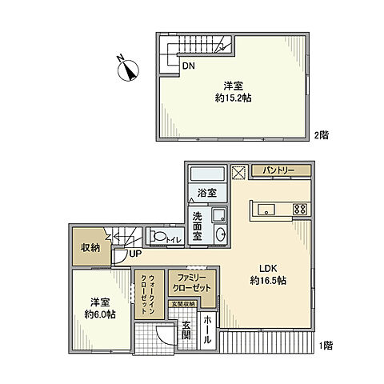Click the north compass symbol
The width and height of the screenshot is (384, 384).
[x=126, y=70]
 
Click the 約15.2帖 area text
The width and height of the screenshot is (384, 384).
[x=233, y=93]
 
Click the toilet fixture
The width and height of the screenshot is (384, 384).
[x=160, y=237]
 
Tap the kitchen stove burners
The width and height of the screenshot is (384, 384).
[x=301, y=210]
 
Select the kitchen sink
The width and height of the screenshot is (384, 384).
[x=266, y=210]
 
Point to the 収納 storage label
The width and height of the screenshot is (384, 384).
[x=89, y=248]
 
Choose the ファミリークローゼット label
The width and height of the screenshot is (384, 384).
[x=190, y=282]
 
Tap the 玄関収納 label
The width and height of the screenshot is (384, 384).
[x=182, y=303]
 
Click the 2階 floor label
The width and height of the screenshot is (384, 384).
[x=322, y=136]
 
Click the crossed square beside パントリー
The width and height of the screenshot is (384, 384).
[x=238, y=171]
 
